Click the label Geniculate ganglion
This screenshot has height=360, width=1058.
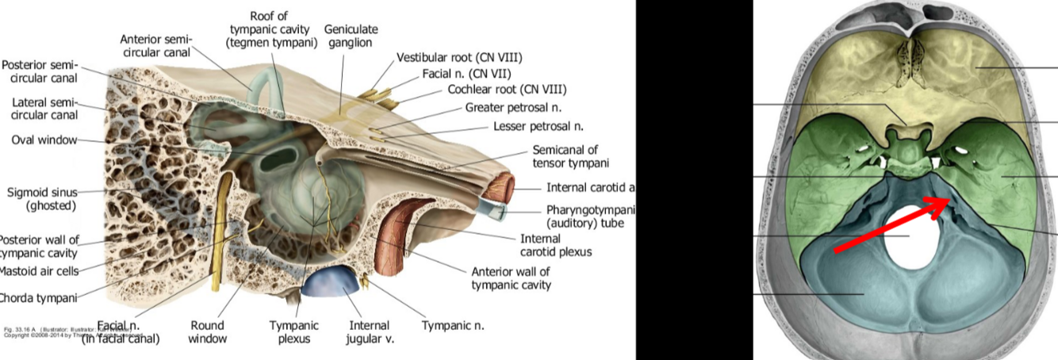(x=351, y=36)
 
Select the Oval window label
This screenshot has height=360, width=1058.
(x=44, y=140)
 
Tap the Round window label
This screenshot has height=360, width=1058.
(x=207, y=331)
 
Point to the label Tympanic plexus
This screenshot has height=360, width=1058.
(x=293, y=331)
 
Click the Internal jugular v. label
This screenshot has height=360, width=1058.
(x=369, y=331)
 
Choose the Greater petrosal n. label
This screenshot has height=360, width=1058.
(x=512, y=107)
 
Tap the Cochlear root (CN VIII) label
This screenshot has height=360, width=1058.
(x=507, y=90)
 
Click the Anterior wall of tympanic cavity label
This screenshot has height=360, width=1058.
(x=511, y=278)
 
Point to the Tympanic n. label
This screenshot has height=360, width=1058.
(x=452, y=325)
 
